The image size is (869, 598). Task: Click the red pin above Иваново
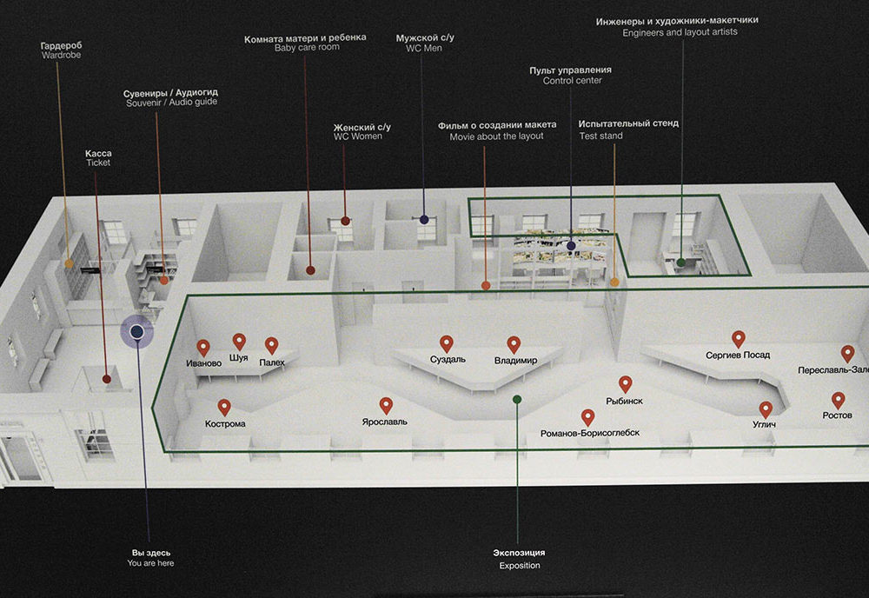[x=203, y=348]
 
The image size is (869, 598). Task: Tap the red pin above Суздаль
[x=446, y=343]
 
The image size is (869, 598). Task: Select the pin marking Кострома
[x=224, y=408]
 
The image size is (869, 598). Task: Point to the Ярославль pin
[x=386, y=406]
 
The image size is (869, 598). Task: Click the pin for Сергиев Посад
[x=738, y=339]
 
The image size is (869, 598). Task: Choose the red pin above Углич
[x=766, y=409]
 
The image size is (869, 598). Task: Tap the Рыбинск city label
[x=625, y=401]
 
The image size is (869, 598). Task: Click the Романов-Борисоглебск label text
[x=590, y=433]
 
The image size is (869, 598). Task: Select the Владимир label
[x=516, y=360]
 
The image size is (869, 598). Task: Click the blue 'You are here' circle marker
[x=137, y=331]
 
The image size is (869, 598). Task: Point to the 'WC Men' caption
[x=424, y=48]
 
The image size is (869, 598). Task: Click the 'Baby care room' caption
[x=307, y=48]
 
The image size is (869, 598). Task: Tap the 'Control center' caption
[x=572, y=80]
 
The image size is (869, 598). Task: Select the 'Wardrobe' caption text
[x=61, y=55]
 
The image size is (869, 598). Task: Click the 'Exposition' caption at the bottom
[x=520, y=565]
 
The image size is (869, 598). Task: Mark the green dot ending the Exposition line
[x=517, y=399]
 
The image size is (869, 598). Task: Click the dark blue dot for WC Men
[x=424, y=220]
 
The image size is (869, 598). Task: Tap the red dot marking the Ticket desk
[x=106, y=379]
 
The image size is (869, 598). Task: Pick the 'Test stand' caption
[x=600, y=136]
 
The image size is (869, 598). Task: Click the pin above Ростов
[x=838, y=400]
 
